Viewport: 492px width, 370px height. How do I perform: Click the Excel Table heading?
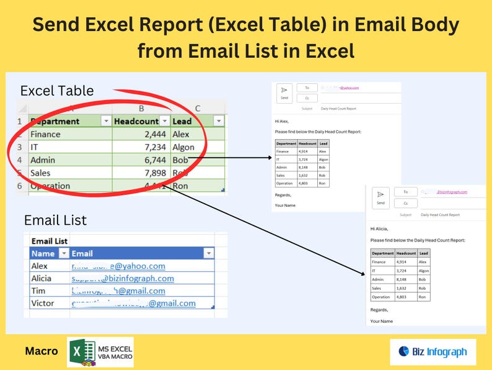pos(57,91)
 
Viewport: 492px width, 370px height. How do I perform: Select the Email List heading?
pos(55,220)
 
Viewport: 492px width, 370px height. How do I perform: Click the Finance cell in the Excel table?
pos(45,134)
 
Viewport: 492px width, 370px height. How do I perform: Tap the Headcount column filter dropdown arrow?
pos(164,121)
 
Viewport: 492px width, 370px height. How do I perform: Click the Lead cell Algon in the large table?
pos(183,147)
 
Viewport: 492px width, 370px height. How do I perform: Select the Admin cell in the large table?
pos(43,160)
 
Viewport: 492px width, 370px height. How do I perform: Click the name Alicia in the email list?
pos(42,278)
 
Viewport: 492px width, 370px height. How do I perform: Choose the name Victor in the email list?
pos(43,303)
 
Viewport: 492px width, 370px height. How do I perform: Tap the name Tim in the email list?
pos(38,291)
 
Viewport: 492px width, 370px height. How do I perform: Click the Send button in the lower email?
pos(380,197)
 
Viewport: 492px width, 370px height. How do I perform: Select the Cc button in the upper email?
pos(307,98)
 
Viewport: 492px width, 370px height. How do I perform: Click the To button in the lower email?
pos(406,192)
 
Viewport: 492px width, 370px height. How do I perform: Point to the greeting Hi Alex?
pos(281,122)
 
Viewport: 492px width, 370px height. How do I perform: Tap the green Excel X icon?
pos(77,352)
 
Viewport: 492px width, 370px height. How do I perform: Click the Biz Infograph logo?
pos(433,352)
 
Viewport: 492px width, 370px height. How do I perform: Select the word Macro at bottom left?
pos(42,351)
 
